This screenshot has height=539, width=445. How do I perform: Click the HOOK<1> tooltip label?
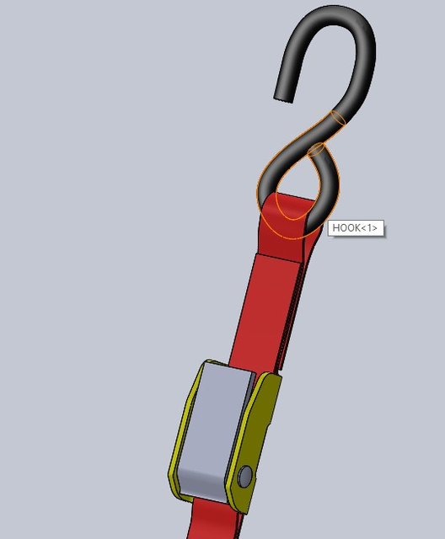[x=355, y=227]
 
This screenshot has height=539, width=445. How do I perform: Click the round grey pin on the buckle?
[x=245, y=477]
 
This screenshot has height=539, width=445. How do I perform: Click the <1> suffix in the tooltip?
[x=369, y=227]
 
